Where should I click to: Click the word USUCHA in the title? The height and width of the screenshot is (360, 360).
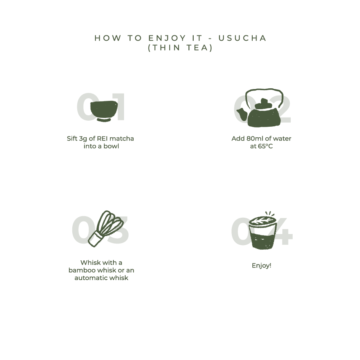click(x=242, y=38)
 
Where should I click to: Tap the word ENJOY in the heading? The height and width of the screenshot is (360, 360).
click(x=167, y=38)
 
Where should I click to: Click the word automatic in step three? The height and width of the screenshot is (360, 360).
click(x=91, y=278)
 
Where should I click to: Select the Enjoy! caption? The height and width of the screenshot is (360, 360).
click(x=261, y=266)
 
